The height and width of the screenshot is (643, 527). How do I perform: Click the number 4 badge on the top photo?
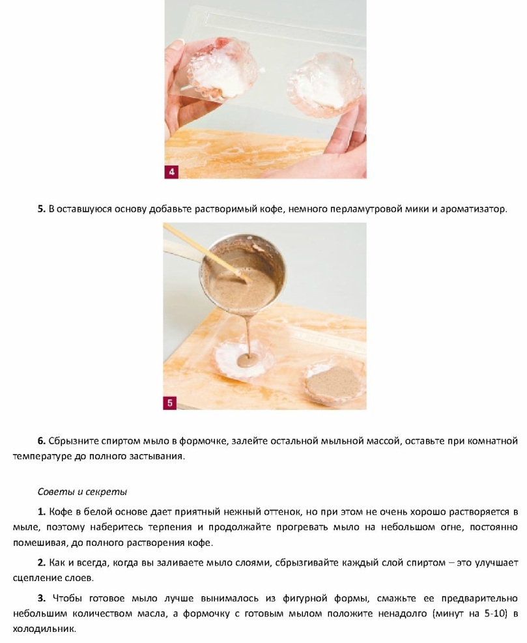pos(171,172)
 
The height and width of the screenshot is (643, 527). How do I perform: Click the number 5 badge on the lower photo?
pos(170,403)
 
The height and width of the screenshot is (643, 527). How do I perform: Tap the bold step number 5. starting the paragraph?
pos(42,209)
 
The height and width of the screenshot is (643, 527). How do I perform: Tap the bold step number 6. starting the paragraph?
pos(42,441)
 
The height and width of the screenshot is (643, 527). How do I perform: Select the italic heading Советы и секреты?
pos(83,492)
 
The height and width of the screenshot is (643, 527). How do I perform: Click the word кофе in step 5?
pos(272,209)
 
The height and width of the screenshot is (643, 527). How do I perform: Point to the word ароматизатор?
pos(474,209)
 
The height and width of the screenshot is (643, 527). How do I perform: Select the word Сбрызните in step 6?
pos(73,441)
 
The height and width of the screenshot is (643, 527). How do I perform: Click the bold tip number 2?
pos(42,563)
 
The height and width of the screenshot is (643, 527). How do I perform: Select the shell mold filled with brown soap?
pos(333,381)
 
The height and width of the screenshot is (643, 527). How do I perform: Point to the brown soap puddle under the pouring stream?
pos(249,360)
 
